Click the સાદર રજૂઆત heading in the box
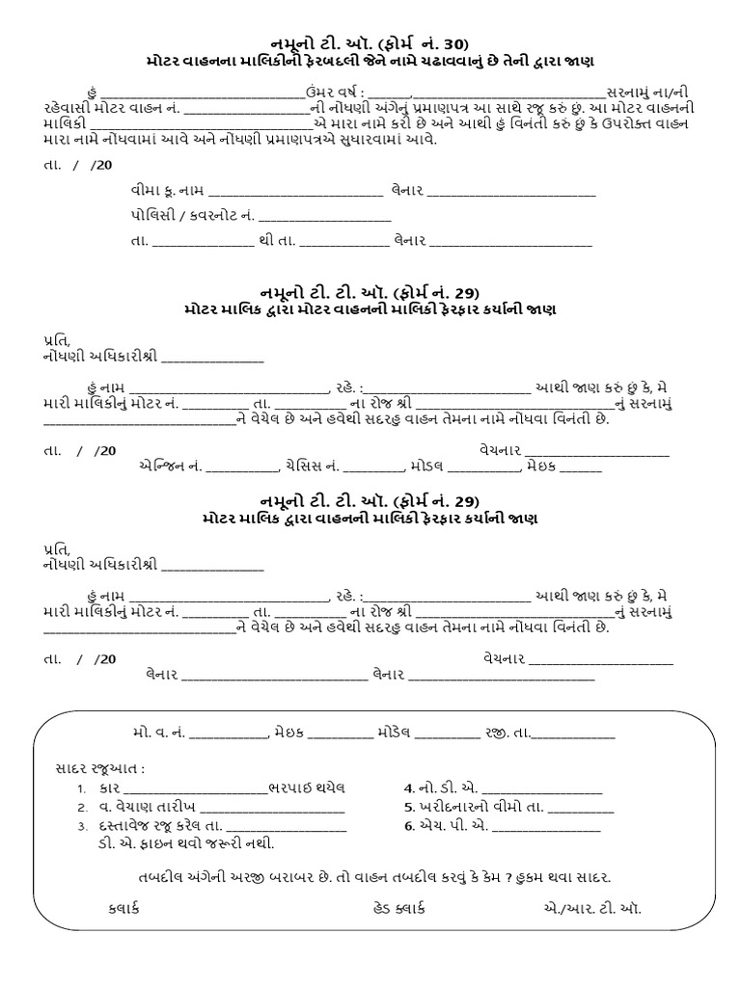click(x=100, y=769)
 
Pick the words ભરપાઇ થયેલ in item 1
click(x=308, y=787)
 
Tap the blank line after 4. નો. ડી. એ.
click(x=542, y=787)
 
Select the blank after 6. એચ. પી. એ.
click(x=546, y=826)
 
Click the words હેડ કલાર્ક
click(x=398, y=908)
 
